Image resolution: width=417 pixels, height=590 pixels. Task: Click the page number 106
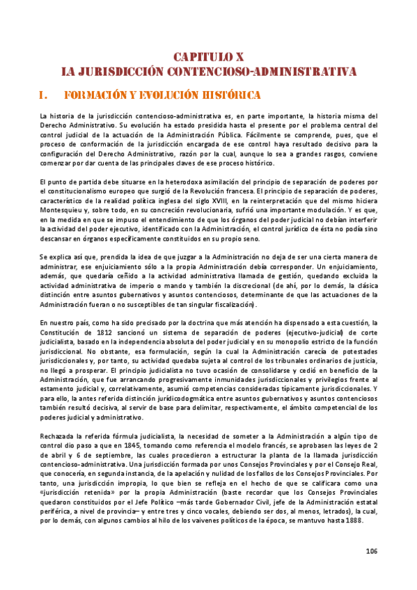coord(371,552)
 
